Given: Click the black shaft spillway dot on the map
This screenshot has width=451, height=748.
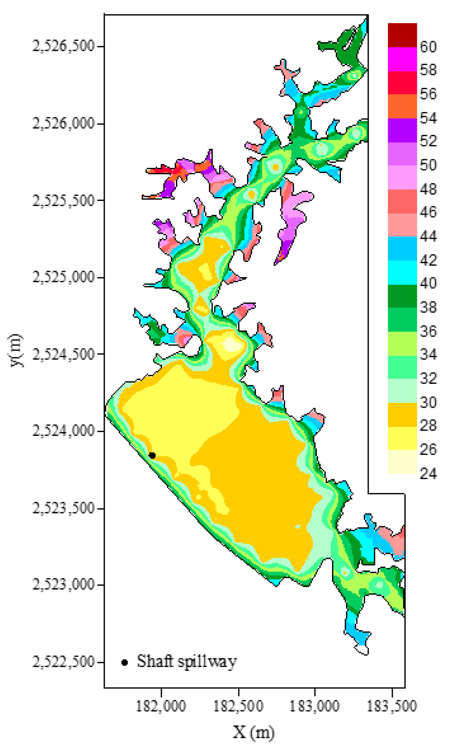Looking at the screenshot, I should coord(152,455).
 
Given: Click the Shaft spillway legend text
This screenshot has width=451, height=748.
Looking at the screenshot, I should coord(187,662).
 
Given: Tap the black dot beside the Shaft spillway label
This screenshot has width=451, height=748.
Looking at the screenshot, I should coord(124,663).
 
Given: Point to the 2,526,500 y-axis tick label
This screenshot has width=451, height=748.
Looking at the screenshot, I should coord(64,46).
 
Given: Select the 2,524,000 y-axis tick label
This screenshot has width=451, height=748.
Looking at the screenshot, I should coord(64,431).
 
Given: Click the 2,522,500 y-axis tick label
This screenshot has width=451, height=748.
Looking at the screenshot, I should coord(64,662).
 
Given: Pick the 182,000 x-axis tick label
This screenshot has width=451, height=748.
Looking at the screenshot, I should coord(161,706).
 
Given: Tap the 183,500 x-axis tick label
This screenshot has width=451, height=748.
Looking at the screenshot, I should coord(392,706).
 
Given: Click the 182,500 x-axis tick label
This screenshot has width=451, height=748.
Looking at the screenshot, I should coord(238,706).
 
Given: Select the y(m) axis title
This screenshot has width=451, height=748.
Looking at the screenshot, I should coord(16,350).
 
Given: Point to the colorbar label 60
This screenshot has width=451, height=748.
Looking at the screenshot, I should coord(428,47).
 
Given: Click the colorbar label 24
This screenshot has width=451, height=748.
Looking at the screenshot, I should coord(428,474).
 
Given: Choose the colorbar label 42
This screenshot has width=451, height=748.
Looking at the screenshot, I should coord(428,260).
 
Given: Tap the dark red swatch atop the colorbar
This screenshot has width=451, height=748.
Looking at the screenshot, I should coord(402,35).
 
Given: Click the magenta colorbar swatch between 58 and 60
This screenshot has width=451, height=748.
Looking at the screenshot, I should coord(402,59).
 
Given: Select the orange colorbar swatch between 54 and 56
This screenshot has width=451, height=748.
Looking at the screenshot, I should coord(402,106).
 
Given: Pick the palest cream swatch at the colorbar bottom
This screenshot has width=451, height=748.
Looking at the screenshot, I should coord(402,462).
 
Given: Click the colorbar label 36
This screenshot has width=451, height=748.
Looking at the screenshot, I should coord(428,331).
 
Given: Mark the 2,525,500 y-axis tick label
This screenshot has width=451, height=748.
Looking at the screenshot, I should coord(64,200).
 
